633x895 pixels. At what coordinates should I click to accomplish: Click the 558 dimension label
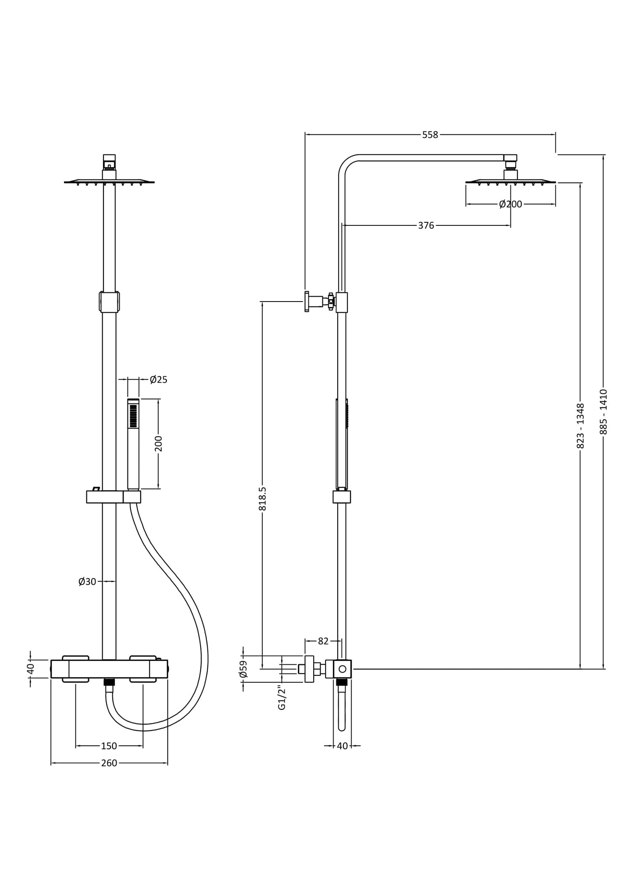(x=430, y=135)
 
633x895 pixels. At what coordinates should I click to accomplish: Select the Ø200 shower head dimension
(x=510, y=204)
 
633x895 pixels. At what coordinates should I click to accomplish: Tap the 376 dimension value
(x=426, y=225)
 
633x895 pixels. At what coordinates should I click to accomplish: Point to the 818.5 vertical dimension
(x=262, y=499)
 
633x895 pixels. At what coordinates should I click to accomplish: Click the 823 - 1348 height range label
(x=580, y=425)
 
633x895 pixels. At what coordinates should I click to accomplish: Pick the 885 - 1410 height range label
(x=604, y=411)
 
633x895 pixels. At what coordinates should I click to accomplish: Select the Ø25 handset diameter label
(x=158, y=379)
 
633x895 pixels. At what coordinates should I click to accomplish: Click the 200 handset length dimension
(x=159, y=443)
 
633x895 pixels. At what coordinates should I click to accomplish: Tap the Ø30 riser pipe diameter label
(x=87, y=582)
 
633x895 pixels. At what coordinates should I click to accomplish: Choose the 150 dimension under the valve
(x=109, y=746)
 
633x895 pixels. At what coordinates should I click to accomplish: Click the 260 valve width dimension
(x=109, y=763)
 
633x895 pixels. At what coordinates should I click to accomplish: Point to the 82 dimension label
(x=323, y=641)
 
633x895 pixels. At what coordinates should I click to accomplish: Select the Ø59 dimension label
(x=244, y=669)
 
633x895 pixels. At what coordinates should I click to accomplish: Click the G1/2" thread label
(x=282, y=698)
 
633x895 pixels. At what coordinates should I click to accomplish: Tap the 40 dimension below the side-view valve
(x=342, y=746)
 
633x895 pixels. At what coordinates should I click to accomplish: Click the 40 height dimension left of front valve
(x=31, y=669)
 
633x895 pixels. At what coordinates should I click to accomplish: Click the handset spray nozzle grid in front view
(x=133, y=416)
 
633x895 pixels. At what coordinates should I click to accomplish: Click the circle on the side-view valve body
(x=343, y=669)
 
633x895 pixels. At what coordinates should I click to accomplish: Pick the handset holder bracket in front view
(x=114, y=497)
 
